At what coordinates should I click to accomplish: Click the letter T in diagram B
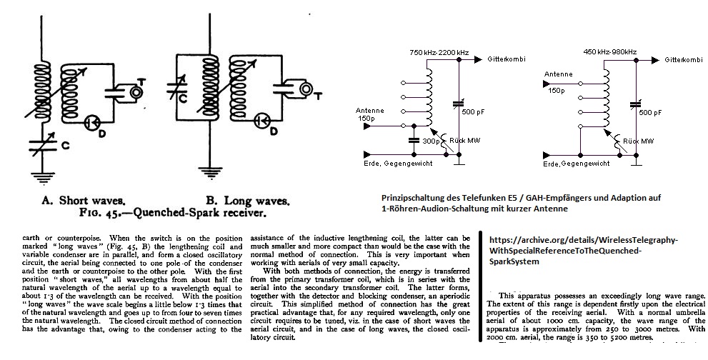tap(319, 81)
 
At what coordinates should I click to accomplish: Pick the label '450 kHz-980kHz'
tap(610, 52)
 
